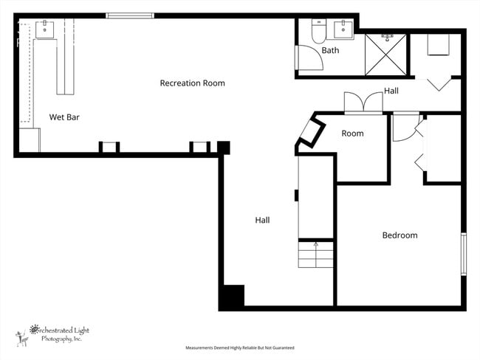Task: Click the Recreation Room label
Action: click(x=192, y=83)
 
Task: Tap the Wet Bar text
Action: click(x=64, y=117)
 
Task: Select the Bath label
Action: click(x=330, y=51)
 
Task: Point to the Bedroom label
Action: click(x=400, y=235)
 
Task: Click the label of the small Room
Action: click(x=352, y=134)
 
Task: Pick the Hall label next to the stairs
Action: click(x=262, y=220)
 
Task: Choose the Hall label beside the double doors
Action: click(x=391, y=91)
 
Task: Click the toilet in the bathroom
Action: click(x=318, y=32)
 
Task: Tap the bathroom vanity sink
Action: click(x=343, y=30)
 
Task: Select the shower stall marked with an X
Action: click(x=386, y=52)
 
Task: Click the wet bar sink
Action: click(x=46, y=29)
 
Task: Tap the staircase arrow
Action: click(x=315, y=247)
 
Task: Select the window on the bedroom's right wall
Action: click(x=464, y=255)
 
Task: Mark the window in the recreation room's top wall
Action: click(x=130, y=15)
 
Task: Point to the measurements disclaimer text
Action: click(x=239, y=347)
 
